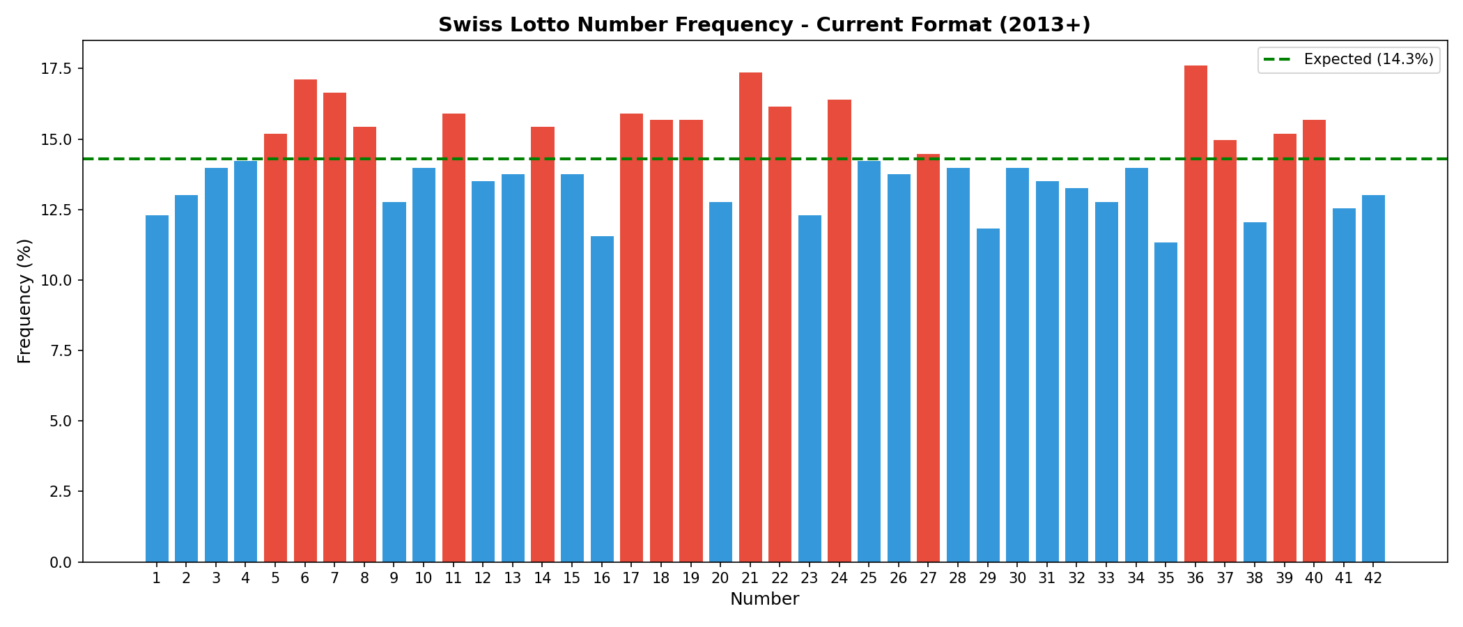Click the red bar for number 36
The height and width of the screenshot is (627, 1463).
pos(1195,313)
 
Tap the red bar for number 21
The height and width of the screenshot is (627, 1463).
pos(750,317)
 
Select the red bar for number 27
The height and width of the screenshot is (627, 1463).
pos(928,358)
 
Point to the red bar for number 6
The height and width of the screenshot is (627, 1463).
pos(305,320)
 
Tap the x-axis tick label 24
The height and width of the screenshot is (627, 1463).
pos(839,578)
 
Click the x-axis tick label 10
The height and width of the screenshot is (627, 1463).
pos(424,578)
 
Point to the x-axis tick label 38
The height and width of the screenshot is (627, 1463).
pos(1255,578)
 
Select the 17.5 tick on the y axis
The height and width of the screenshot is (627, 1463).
pos(56,68)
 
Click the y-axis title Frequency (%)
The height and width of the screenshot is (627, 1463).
pos(24,301)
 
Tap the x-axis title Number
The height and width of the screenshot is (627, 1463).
pos(764,599)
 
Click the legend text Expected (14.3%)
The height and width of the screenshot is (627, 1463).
pos(1368,59)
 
